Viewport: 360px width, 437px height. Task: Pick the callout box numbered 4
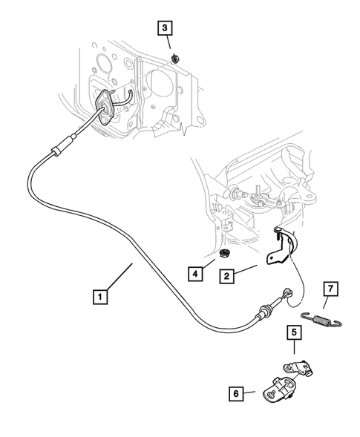pyautogui.click(x=195, y=275)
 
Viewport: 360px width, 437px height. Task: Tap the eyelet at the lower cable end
pyautogui.click(x=288, y=293)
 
